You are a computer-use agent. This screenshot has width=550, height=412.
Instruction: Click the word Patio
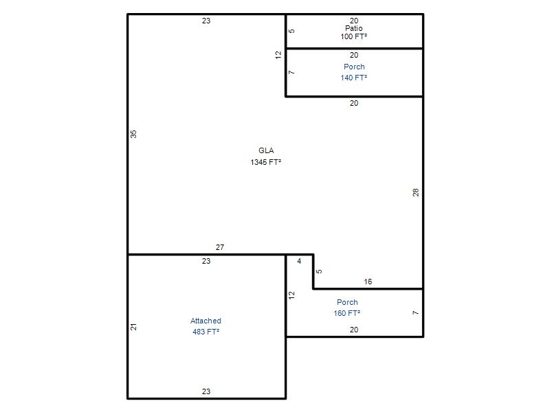353,28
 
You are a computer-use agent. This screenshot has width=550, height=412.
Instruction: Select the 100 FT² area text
353,36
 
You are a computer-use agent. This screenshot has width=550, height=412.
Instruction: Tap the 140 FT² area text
353,78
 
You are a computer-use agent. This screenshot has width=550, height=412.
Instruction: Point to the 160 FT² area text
347,313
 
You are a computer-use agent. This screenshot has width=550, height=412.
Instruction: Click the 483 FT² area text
206,332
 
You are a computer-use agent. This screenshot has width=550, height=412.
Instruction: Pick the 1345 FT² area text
265,162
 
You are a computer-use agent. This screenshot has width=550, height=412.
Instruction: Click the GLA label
266,150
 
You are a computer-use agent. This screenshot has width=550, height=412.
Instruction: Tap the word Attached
206,321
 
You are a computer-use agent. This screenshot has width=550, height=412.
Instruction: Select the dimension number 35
133,134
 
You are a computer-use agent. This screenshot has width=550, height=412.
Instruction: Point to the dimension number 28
416,192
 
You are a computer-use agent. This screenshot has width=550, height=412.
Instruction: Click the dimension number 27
220,247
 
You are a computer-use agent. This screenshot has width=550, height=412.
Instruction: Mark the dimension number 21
133,327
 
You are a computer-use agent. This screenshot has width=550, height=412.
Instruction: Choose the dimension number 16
368,282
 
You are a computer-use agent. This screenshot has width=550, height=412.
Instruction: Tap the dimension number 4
299,261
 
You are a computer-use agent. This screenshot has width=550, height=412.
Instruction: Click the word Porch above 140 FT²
354,67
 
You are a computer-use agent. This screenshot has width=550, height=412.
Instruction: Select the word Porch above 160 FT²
347,302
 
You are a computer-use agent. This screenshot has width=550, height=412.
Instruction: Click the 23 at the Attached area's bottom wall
206,391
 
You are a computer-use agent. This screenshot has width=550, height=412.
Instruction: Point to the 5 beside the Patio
291,31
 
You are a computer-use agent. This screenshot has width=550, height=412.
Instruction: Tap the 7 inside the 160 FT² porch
416,312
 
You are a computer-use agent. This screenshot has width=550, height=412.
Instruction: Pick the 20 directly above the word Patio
354,21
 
